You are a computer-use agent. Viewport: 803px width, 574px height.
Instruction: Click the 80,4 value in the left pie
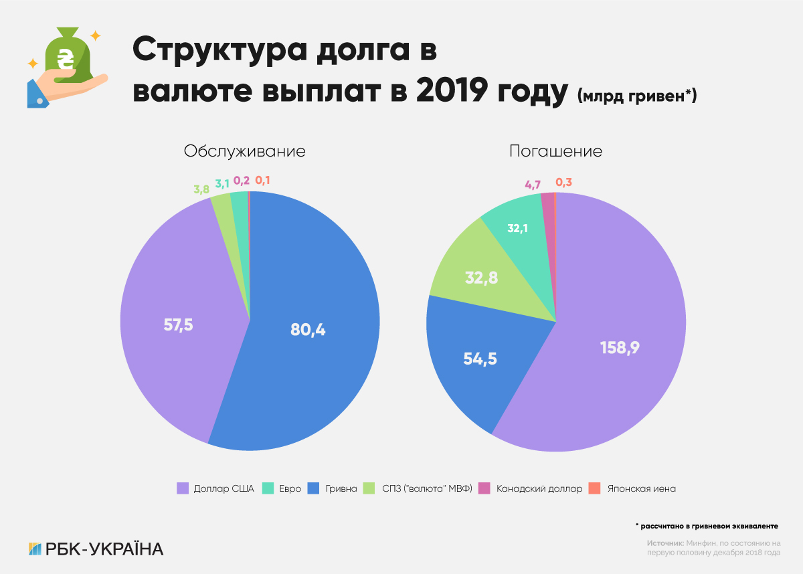pyautogui.click(x=308, y=329)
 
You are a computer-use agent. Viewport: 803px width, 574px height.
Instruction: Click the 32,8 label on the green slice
pyautogui.click(x=480, y=278)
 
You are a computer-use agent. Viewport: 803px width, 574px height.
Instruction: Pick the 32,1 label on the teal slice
pyautogui.click(x=519, y=228)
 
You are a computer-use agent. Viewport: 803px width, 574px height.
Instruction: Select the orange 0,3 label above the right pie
pyautogui.click(x=564, y=181)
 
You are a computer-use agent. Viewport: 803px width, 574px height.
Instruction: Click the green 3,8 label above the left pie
pyautogui.click(x=201, y=189)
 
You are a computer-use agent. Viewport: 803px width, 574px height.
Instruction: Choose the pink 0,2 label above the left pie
pyautogui.click(x=242, y=180)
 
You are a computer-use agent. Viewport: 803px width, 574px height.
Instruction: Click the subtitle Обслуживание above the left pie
pyautogui.click(x=244, y=151)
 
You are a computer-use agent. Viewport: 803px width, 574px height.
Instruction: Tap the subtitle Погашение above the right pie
pyautogui.click(x=555, y=151)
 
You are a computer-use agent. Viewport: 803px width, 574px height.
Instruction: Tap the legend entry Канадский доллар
pyautogui.click(x=539, y=488)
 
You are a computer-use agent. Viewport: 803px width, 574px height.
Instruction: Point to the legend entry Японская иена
pyautogui.click(x=641, y=488)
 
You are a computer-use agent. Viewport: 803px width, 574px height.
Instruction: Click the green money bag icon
pyautogui.click(x=67, y=57)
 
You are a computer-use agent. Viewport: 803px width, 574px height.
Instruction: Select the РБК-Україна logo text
pyautogui.click(x=104, y=549)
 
